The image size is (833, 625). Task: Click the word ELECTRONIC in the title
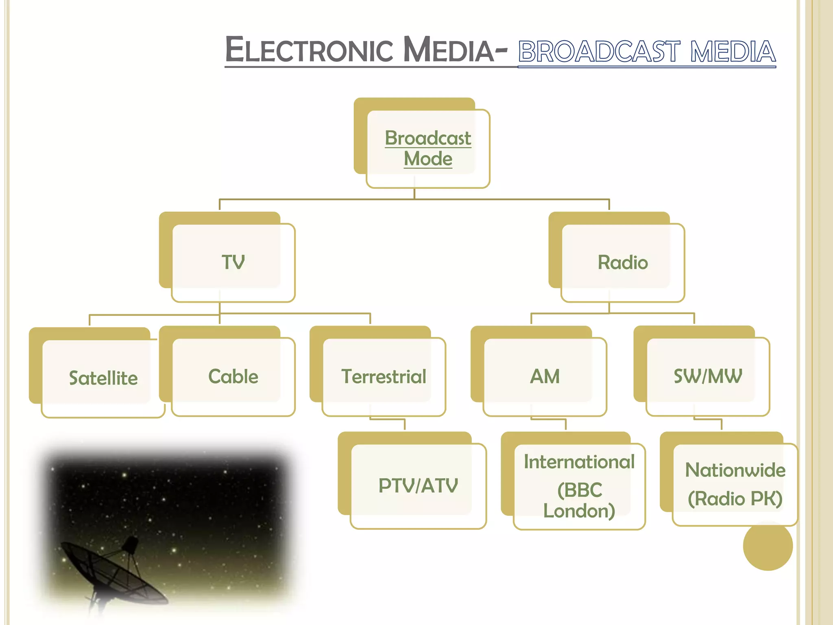tap(309, 50)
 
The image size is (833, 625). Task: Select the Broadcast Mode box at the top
tap(428, 149)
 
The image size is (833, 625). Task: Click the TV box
tap(233, 262)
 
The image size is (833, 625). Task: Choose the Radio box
tap(622, 262)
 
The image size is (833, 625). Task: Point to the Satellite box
tap(103, 378)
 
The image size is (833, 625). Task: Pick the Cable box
tap(233, 376)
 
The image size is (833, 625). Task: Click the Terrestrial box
tap(384, 376)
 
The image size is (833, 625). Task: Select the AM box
tap(545, 376)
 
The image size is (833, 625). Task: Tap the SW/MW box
tap(708, 376)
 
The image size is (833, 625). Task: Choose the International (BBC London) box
tap(579, 486)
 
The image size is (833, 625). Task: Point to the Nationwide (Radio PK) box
tap(735, 484)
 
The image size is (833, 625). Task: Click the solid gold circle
tap(768, 546)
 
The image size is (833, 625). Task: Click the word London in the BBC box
tap(579, 511)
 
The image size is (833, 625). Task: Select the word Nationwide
tap(735, 470)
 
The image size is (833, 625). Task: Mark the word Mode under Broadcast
tap(428, 159)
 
